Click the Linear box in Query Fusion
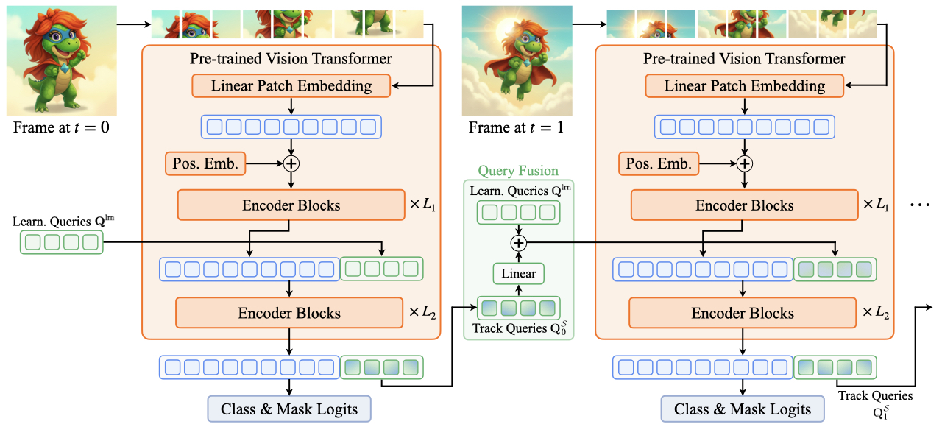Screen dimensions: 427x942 (x=519, y=274)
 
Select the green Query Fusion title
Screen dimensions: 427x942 (x=518, y=170)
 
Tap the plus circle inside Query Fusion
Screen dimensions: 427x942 (x=520, y=242)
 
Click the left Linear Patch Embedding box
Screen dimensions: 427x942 (x=291, y=85)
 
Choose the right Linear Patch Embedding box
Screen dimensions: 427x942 (x=744, y=85)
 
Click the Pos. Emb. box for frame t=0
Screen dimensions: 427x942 (x=205, y=163)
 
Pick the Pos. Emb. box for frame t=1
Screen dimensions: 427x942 (x=659, y=163)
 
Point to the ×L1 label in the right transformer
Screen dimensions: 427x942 (x=877, y=205)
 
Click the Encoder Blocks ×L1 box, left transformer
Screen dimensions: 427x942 (x=291, y=205)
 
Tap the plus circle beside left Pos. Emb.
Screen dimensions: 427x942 (x=292, y=163)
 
